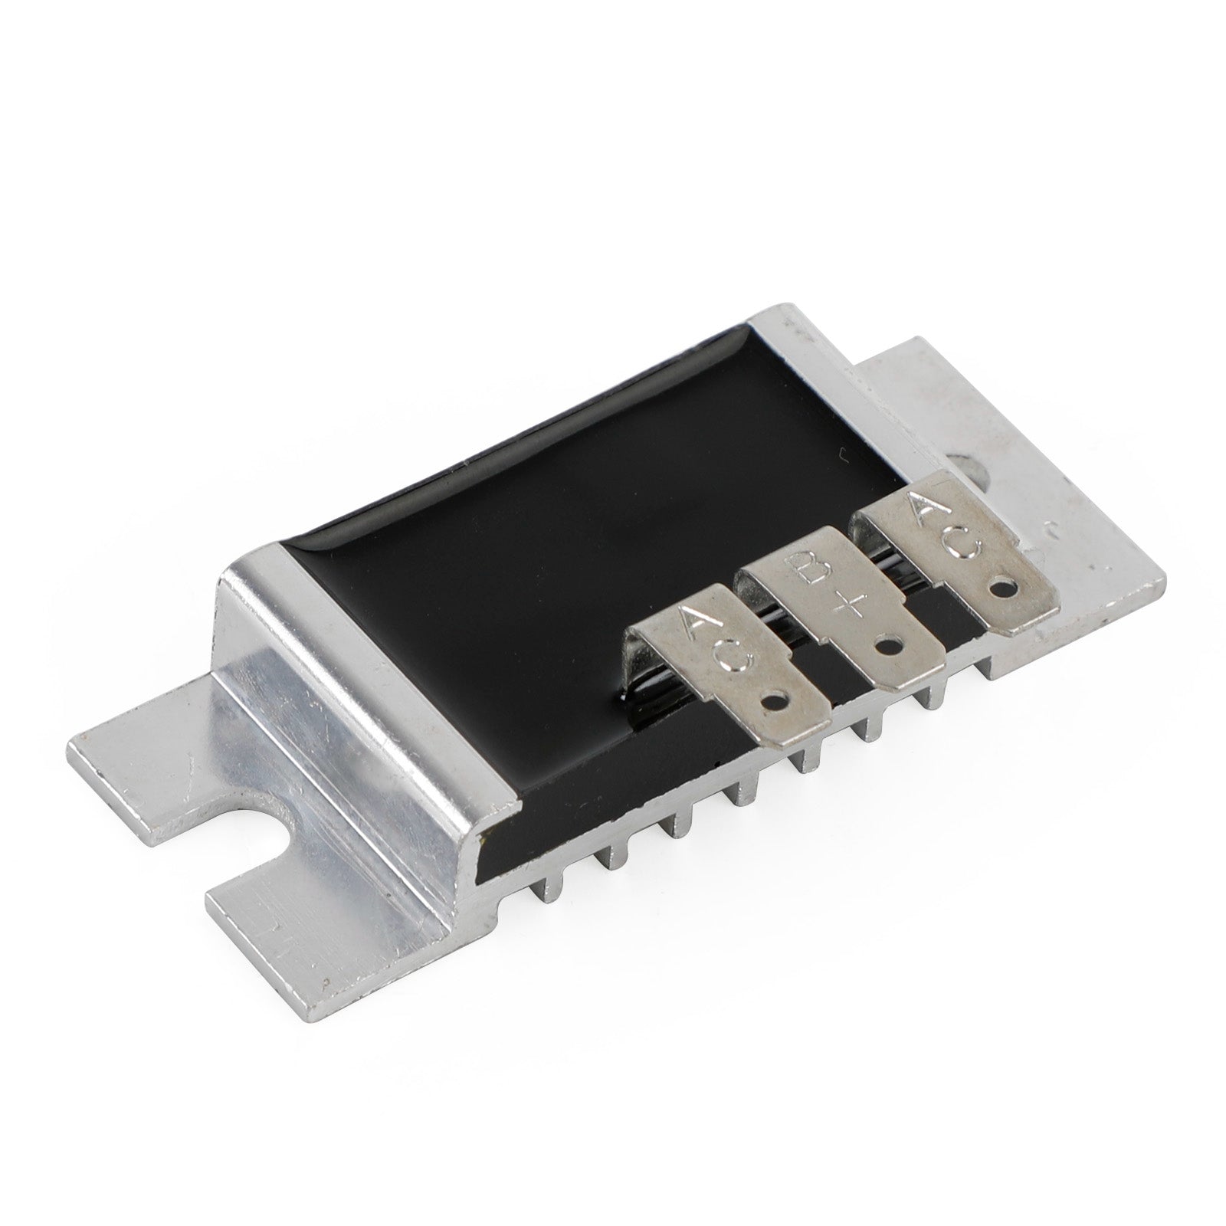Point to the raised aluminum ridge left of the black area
point(360,690)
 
